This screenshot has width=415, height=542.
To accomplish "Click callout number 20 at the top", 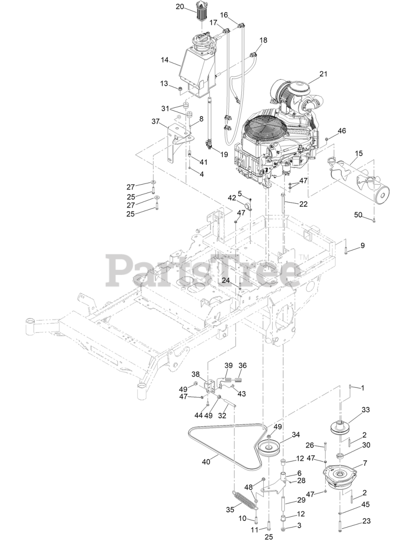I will point(180,6).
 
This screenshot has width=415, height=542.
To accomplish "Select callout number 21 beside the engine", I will point(324,74).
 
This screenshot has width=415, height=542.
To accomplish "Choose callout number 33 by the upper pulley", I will point(365,410).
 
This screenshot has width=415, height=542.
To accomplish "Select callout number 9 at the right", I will point(362,246).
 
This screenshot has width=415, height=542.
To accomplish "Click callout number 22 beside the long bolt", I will point(303,204).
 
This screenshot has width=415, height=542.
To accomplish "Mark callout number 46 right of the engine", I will point(341,131).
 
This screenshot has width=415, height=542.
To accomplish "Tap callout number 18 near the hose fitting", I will point(263,40).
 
